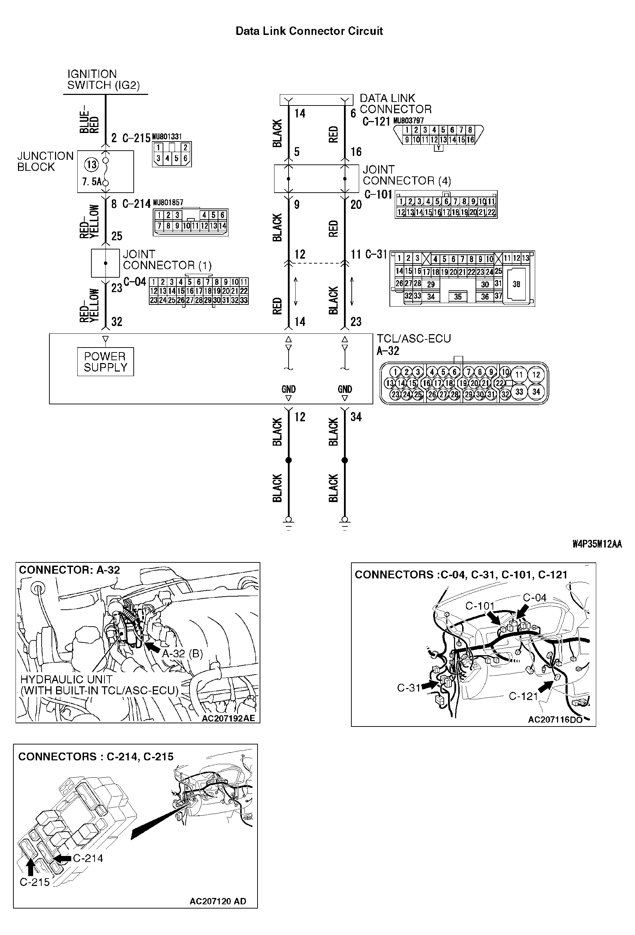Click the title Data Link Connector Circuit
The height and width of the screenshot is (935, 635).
pos(309,31)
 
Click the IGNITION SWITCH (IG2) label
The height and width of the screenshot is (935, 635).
pos(103,80)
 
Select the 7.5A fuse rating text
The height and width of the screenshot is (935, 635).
pos(92,182)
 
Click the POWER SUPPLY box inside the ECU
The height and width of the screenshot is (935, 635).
pos(105,362)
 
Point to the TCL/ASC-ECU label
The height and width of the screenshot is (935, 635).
pos(413,338)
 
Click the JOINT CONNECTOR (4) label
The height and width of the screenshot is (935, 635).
pos(406,175)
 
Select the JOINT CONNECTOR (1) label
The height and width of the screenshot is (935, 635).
pos(167,259)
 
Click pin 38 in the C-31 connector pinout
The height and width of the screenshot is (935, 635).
pos(516,284)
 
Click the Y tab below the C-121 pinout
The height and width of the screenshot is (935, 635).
pos(439,147)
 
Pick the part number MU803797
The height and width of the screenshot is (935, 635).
pos(408,120)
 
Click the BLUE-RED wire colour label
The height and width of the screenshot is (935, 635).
pos(89,120)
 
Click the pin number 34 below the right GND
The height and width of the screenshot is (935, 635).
pos(356,417)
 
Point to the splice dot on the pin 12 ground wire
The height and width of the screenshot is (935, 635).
pos(288,460)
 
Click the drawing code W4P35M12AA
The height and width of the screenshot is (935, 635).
pos(597,544)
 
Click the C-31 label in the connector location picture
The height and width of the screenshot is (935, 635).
pos(409,688)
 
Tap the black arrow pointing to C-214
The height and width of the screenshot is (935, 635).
pos(62,858)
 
